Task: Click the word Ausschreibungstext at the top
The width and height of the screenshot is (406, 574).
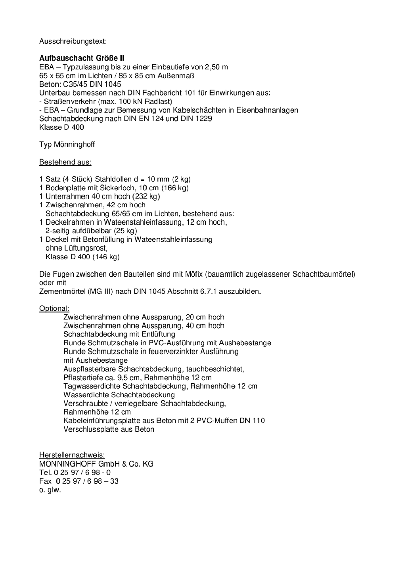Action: point(73,41)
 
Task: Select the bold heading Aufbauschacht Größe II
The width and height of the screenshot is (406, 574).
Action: point(82,58)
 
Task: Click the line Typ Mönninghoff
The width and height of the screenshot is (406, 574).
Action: point(67,144)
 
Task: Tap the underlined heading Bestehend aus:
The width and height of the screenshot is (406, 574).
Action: point(65,162)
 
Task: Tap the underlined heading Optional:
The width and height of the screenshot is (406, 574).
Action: point(54,308)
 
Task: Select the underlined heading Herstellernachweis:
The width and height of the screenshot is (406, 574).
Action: point(72,455)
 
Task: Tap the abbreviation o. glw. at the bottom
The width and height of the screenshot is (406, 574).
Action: point(50,490)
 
